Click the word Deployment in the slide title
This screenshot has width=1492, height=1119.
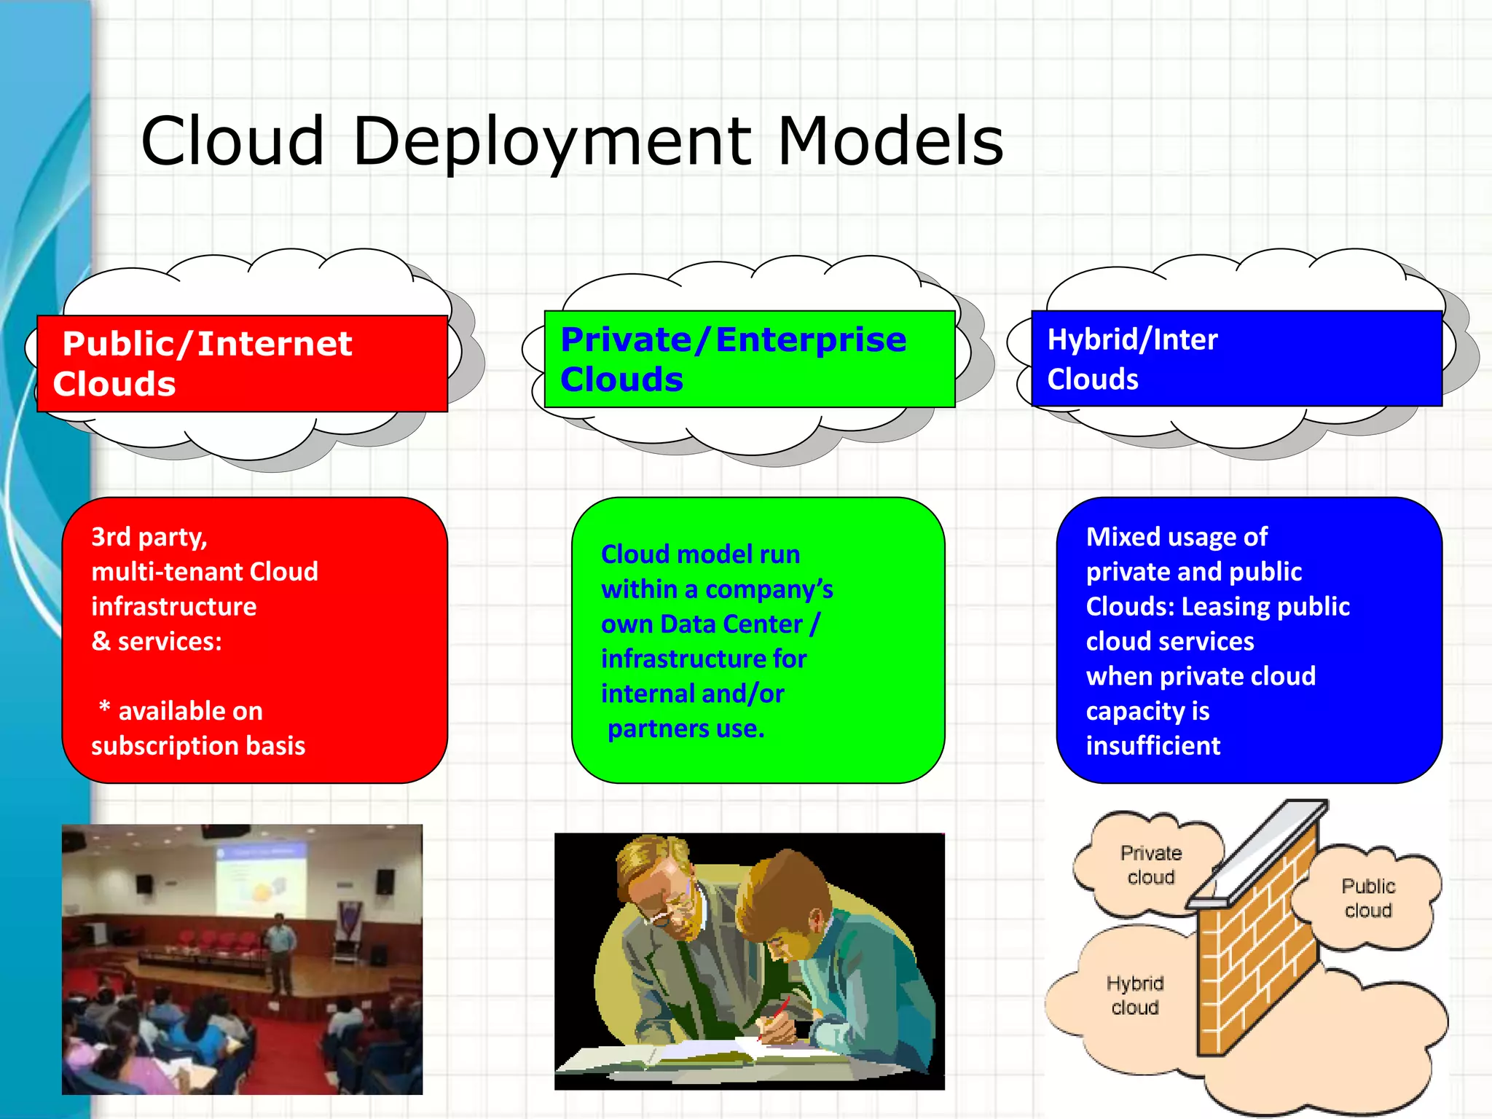(551, 142)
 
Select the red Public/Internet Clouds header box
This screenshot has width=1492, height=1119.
(243, 364)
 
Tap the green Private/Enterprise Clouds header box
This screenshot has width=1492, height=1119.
(750, 359)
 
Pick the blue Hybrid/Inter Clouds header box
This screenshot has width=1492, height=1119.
(1236, 358)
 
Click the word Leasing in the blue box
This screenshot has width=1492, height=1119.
(1226, 607)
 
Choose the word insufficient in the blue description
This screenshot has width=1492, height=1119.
(1153, 746)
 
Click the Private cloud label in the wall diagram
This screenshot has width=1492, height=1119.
(1150, 865)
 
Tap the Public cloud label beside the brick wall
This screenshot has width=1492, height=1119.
(1367, 898)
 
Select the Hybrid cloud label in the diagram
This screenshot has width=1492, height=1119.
(1134, 995)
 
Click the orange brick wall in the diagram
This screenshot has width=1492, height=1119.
(1257, 954)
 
